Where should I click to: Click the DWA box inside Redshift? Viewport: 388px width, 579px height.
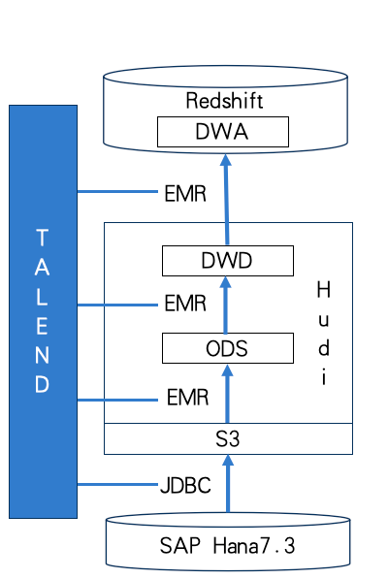click(x=223, y=132)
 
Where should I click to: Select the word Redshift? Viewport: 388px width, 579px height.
click(x=224, y=101)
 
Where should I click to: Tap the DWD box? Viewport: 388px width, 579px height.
click(x=228, y=261)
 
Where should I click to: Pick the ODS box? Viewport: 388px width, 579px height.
click(x=228, y=348)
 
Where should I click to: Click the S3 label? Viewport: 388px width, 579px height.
click(x=227, y=439)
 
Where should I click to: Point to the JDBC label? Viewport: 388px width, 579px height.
click(x=185, y=485)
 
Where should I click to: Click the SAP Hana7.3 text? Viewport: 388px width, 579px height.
click(x=227, y=545)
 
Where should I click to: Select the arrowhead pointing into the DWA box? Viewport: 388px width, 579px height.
click(x=226, y=160)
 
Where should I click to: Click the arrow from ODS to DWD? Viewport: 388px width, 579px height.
click(x=226, y=305)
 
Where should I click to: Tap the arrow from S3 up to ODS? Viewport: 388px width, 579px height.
click(x=227, y=394)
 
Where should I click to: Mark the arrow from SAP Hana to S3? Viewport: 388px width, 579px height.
click(x=228, y=483)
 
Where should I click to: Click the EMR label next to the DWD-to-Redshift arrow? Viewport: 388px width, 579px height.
click(x=185, y=194)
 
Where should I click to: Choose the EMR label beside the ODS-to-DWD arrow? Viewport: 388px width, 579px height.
click(x=185, y=304)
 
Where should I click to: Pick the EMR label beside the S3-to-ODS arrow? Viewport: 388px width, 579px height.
click(x=187, y=398)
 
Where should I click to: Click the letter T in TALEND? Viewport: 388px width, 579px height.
click(x=42, y=237)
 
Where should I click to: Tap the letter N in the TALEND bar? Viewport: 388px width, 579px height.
click(x=42, y=355)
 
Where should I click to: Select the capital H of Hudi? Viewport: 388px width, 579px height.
click(x=323, y=289)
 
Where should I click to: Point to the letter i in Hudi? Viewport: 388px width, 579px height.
click(x=324, y=377)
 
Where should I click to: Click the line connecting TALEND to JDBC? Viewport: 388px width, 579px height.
click(x=117, y=484)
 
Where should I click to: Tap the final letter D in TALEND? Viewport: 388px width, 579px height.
click(x=42, y=384)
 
